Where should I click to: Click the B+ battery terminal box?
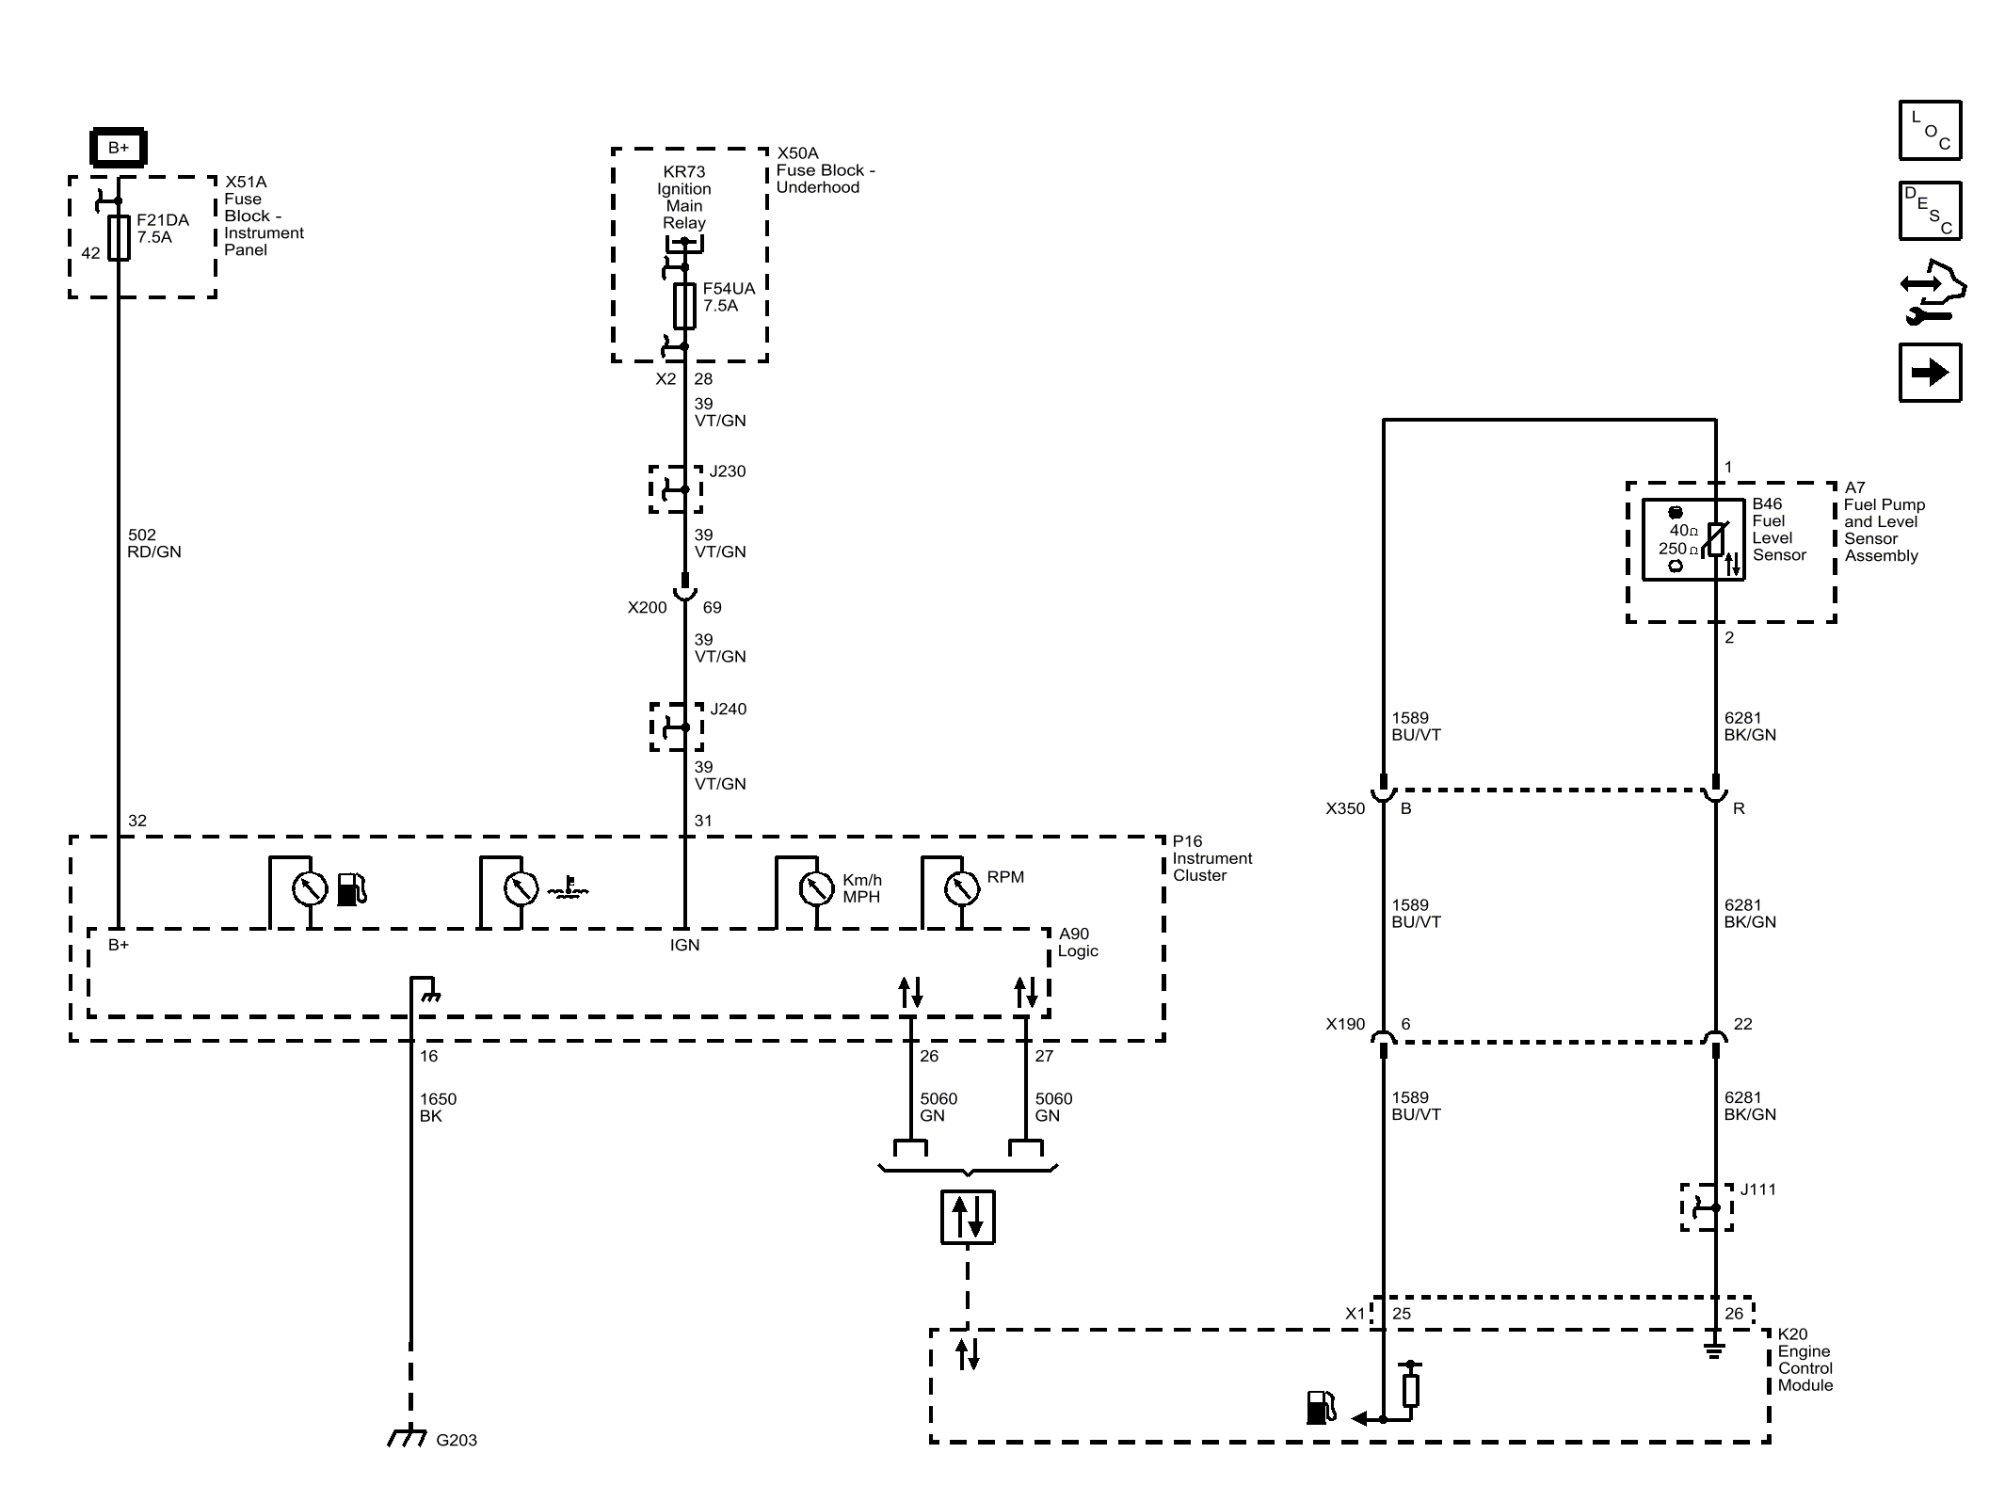[118, 148]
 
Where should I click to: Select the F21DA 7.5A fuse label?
[163, 229]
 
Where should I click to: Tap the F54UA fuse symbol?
[684, 306]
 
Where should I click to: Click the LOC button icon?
[1930, 130]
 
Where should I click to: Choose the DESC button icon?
[1930, 211]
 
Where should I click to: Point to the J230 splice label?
[728, 471]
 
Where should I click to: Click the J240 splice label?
[728, 710]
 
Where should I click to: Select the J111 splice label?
[1757, 1190]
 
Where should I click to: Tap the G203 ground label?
[457, 1440]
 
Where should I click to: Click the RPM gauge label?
[1005, 877]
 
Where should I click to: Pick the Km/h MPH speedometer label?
[862, 888]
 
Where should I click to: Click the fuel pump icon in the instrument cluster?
[352, 889]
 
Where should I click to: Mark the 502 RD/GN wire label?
[154, 544]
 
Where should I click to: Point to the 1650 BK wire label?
[438, 1108]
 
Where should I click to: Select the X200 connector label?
[647, 608]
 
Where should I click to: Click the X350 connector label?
[1345, 808]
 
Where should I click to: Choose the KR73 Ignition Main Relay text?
[684, 198]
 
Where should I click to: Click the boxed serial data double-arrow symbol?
[968, 1217]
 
